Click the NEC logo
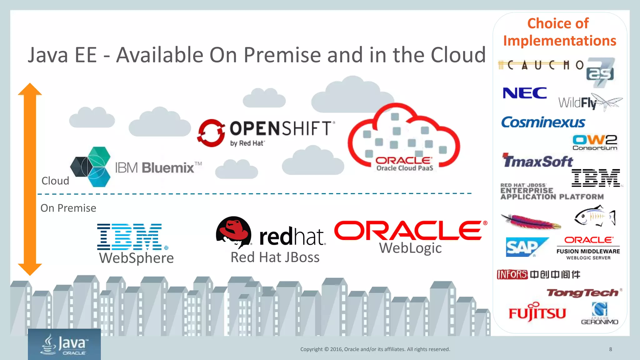pos(525,93)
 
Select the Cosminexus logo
pos(543,122)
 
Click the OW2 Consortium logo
pos(595,142)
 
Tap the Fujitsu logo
pos(537,312)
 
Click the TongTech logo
pos(583,293)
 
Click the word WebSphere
pos(136,258)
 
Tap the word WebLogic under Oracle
pos(410,248)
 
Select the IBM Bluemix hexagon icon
pos(91,167)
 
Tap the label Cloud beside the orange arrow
pos(55,181)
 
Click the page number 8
pos(610,349)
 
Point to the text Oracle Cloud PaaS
pos(405,168)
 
